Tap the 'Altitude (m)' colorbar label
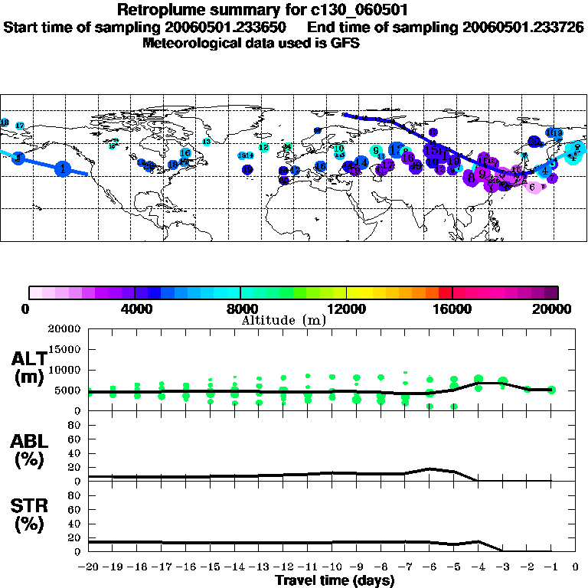tap(283, 320)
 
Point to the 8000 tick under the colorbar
tap(240, 309)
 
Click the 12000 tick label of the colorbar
tap(346, 309)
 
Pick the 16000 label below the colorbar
tap(452, 309)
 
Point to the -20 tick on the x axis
tap(88, 567)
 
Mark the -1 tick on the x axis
tap(551, 567)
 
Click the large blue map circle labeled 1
tap(64, 168)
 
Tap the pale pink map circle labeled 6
tap(533, 186)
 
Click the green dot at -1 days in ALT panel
tap(551, 390)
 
